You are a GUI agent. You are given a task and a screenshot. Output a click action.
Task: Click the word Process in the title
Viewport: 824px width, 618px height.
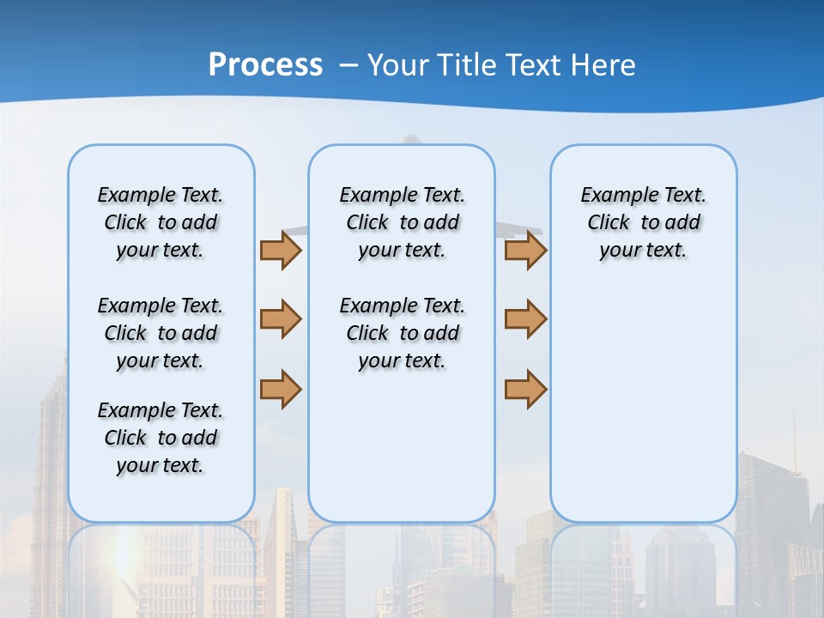point(265,65)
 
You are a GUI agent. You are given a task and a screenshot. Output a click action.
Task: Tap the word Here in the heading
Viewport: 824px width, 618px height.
point(605,65)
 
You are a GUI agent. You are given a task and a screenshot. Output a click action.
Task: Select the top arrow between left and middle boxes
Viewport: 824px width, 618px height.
point(281,250)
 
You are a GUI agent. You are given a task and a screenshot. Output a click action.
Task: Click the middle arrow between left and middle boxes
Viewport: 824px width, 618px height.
point(281,318)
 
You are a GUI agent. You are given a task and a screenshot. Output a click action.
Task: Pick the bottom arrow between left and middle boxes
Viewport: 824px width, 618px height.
point(281,389)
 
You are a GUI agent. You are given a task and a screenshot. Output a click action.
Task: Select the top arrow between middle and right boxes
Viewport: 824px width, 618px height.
point(525,250)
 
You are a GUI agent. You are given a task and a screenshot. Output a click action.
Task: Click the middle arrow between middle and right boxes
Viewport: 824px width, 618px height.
point(525,318)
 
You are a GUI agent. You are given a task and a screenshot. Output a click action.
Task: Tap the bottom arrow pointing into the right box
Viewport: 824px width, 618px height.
point(525,389)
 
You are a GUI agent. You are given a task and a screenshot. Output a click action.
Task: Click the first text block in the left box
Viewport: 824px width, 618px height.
point(161,222)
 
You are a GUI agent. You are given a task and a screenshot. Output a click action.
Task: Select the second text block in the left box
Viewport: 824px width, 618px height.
point(161,333)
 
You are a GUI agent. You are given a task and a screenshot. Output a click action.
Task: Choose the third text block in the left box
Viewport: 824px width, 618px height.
point(161,438)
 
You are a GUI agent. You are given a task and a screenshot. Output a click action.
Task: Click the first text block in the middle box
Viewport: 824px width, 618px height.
point(402,222)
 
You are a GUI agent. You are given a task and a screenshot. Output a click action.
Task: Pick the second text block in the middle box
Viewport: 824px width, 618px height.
point(402,333)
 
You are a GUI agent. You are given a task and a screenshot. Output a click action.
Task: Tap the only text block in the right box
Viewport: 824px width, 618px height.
point(643,222)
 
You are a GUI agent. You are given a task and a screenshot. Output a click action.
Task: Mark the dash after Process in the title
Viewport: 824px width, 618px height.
point(348,65)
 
